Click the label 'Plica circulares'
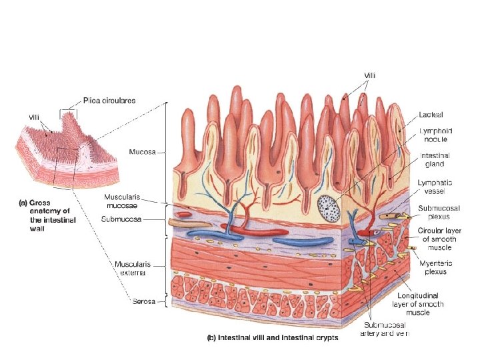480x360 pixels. click(109, 101)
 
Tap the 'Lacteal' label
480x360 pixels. click(431, 115)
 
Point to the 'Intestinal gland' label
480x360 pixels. click(433, 159)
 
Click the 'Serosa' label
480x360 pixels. click(143, 301)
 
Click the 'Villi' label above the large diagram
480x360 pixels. click(369, 75)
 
